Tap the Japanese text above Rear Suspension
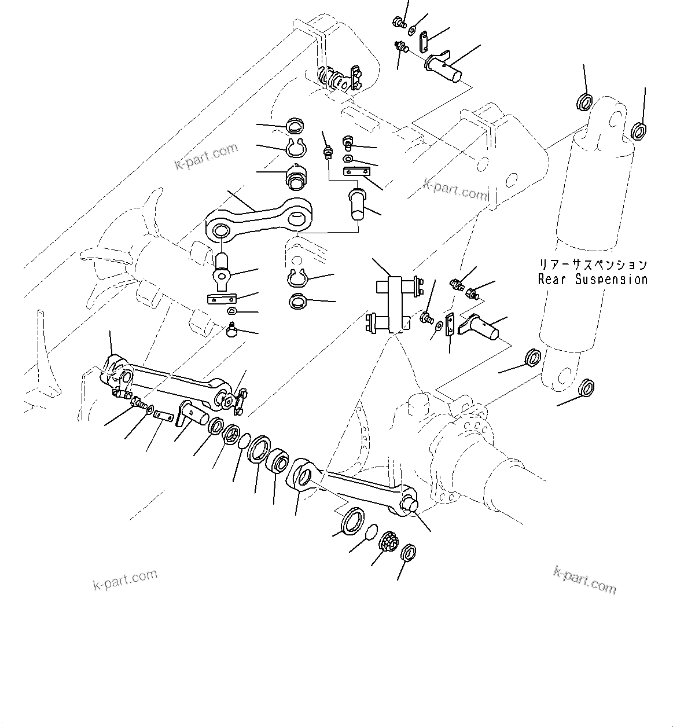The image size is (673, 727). [593, 265]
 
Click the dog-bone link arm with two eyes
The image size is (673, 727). [259, 218]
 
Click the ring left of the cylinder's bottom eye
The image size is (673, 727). [532, 358]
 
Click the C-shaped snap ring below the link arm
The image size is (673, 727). [299, 278]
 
